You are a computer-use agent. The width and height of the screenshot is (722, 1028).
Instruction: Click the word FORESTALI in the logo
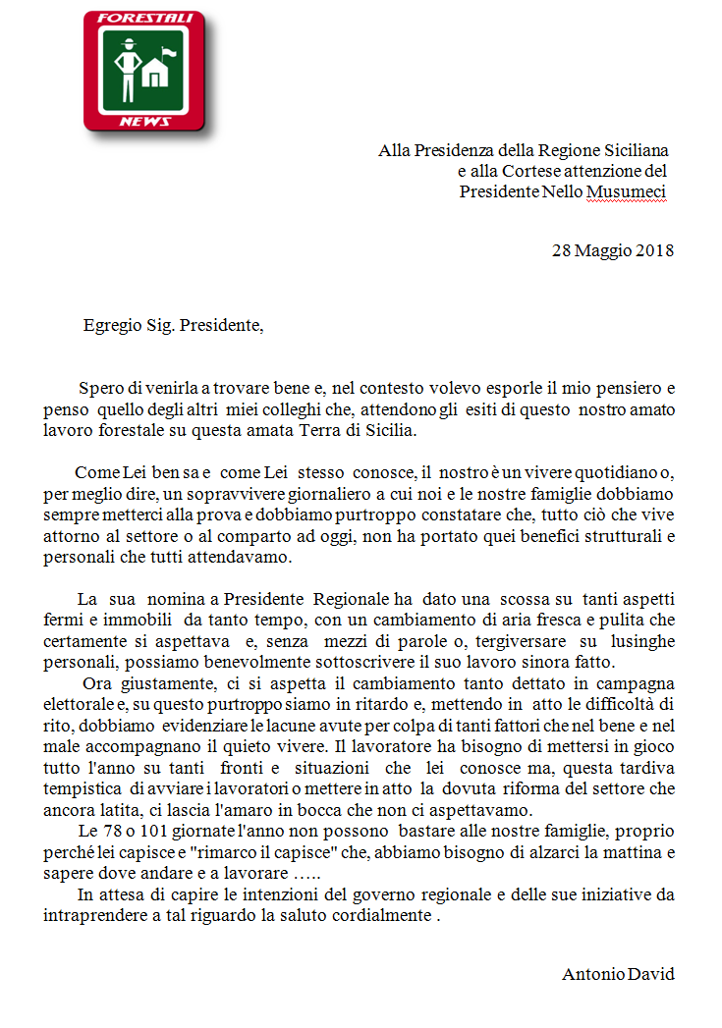click(142, 18)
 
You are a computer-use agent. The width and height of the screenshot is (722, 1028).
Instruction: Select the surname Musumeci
click(627, 191)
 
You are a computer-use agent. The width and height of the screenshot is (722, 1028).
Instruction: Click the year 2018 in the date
click(653, 249)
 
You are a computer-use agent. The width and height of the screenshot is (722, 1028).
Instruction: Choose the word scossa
click(531, 598)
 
